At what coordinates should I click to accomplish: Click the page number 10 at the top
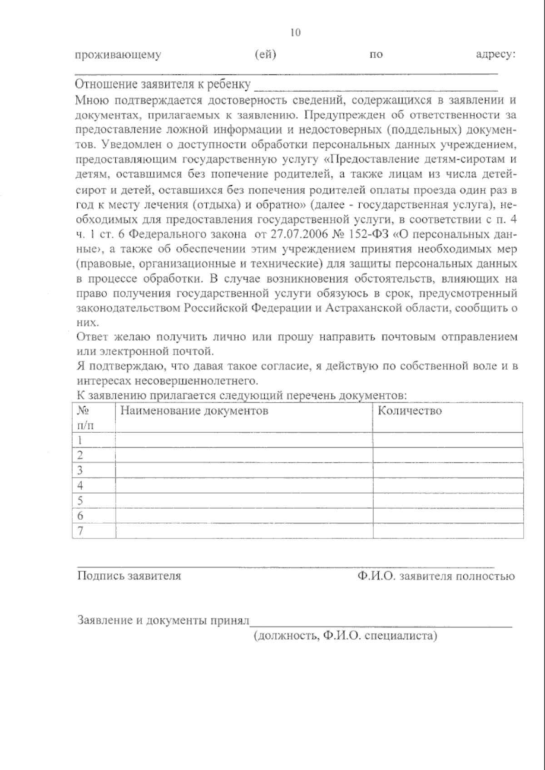pos(295,33)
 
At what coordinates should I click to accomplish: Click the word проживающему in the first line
pos(118,55)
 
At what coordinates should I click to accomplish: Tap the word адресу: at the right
pos(495,54)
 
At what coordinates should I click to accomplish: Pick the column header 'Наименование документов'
pos(194,411)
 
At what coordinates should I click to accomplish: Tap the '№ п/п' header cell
pos(86,418)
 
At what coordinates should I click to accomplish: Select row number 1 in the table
pos(80,440)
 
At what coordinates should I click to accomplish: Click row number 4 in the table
pos(80,485)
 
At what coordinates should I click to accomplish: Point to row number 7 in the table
pos(80,531)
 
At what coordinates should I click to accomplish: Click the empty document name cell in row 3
pos(244,470)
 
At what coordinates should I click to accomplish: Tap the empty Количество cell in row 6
pos(448,516)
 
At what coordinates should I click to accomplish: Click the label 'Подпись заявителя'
pos(129,576)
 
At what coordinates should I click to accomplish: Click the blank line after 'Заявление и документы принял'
pos(381,622)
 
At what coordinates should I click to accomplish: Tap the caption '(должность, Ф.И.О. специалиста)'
pos(345,636)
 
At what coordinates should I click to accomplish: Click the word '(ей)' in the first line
pos(266,54)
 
